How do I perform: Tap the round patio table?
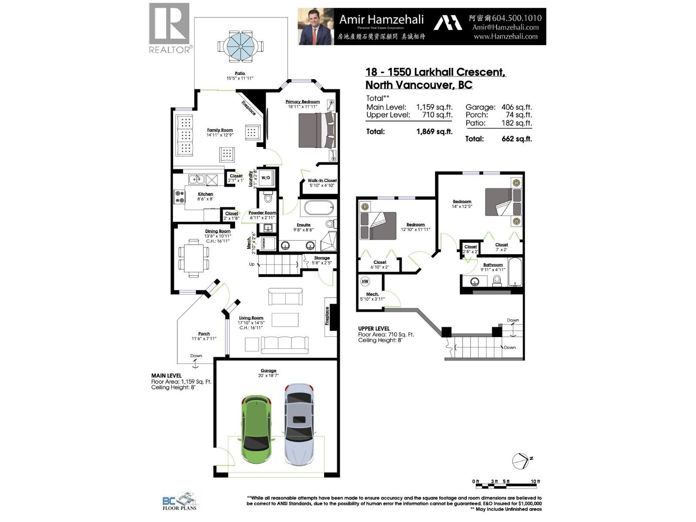coord(240,45)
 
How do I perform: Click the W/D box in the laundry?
coord(265,178)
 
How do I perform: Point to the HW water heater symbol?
coord(365,281)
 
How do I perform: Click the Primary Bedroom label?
coord(302,102)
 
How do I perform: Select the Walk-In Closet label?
coord(322,181)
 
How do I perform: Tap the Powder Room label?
coord(262,213)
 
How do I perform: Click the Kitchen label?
coord(205,194)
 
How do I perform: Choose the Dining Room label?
coord(217,231)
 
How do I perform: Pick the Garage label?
coord(268,371)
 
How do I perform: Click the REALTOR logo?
coord(170,28)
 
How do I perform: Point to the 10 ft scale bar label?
coord(535,482)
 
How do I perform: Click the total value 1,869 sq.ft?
coord(434,131)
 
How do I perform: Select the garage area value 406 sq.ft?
coord(516,107)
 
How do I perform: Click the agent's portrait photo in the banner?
coord(315,27)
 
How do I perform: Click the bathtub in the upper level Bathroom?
coord(515,272)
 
